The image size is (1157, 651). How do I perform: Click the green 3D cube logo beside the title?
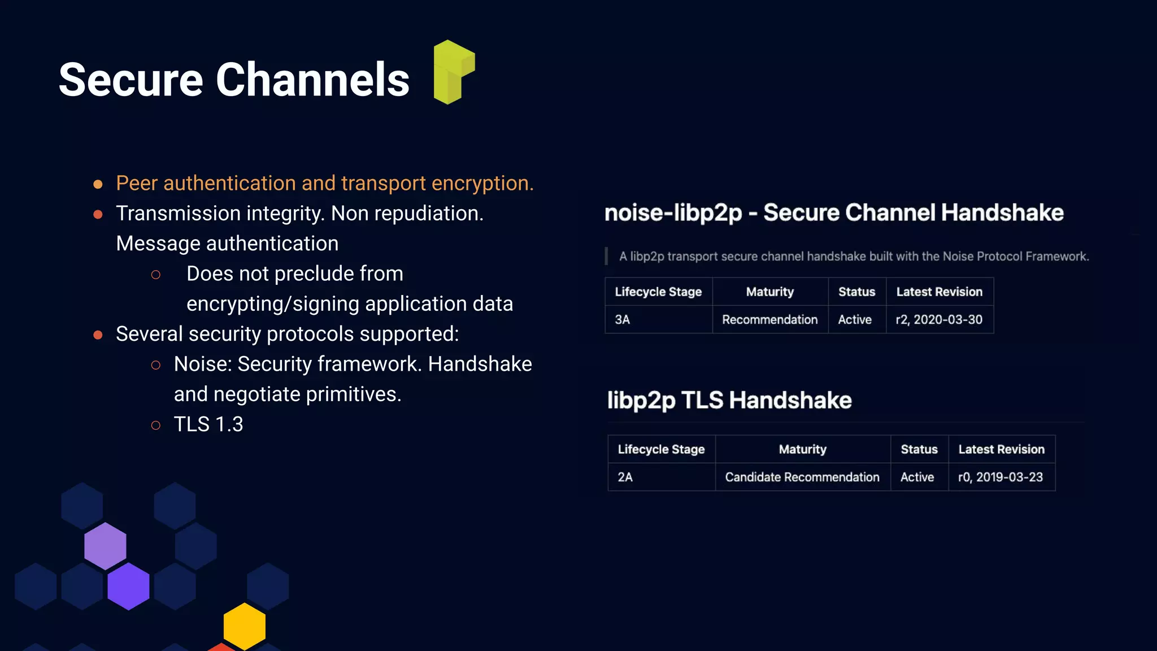point(453,72)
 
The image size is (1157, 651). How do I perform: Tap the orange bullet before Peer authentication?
point(98,184)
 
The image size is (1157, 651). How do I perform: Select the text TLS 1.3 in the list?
point(208,424)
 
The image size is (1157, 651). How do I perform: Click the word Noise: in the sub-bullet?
point(203,364)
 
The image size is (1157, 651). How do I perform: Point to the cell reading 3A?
point(623,320)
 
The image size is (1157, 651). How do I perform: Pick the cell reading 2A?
point(625,478)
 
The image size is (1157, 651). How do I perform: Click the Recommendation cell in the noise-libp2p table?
point(769,320)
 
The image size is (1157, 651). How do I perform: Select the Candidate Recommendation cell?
point(802,478)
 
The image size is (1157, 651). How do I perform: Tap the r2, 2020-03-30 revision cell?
point(939,320)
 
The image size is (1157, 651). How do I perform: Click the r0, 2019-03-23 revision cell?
point(1000,478)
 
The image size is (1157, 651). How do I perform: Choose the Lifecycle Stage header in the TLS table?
point(661,450)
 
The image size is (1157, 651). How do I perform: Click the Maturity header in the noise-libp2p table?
point(769,292)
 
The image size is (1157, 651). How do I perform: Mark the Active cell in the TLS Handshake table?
point(917,478)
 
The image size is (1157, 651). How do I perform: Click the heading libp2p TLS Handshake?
point(729,400)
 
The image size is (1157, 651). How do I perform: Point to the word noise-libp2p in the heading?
point(672,213)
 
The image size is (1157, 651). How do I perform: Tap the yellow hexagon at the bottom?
point(244,626)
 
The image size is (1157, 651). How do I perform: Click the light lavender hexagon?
point(105,546)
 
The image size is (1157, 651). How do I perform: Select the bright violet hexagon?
point(128,586)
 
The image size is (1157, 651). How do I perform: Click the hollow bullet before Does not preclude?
point(156,275)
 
